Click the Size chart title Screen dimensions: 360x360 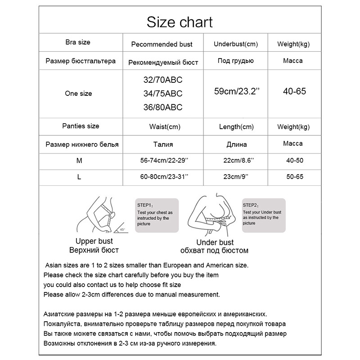(x=180, y=22)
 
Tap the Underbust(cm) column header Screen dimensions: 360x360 (x=235, y=44)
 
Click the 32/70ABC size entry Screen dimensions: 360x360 (x=162, y=81)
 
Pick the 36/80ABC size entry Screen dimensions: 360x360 (x=162, y=107)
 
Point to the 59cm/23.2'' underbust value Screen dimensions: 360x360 (x=237, y=92)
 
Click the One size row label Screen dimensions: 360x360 (x=78, y=94)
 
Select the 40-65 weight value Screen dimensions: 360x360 (x=294, y=91)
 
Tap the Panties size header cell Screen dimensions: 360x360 (x=81, y=126)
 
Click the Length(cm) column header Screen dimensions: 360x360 (x=236, y=127)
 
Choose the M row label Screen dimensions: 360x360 (x=80, y=161)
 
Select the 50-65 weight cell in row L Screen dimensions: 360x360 (x=294, y=177)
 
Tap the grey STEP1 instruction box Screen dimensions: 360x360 (x=157, y=215)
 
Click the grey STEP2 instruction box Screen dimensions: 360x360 (x=264, y=215)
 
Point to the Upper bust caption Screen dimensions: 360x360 (x=94, y=242)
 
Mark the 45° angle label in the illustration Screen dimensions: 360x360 (x=122, y=229)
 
